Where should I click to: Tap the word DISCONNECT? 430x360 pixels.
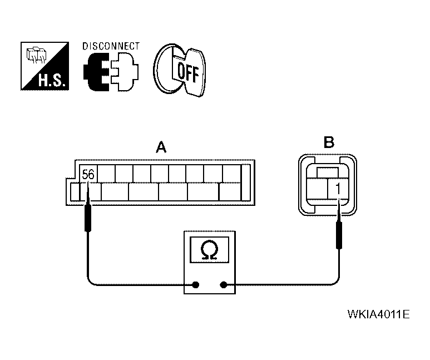click(x=111, y=47)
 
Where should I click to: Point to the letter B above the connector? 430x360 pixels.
click(x=329, y=143)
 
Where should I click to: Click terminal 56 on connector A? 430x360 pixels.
click(x=88, y=174)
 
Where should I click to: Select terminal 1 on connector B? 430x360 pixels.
click(x=338, y=189)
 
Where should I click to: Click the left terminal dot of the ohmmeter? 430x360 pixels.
click(x=196, y=285)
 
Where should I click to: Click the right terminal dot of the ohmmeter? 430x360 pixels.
click(x=224, y=285)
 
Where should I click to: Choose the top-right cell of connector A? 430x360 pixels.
click(x=231, y=174)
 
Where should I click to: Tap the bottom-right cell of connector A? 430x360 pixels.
click(x=229, y=192)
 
